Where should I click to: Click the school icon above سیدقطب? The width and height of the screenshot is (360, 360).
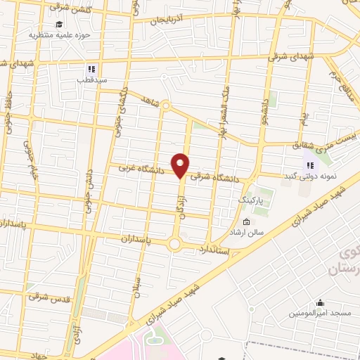(x=91, y=69)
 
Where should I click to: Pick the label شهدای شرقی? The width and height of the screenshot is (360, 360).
(x=286, y=56)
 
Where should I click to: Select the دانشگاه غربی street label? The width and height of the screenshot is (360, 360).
(x=141, y=169)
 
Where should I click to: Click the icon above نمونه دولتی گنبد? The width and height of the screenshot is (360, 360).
(x=310, y=166)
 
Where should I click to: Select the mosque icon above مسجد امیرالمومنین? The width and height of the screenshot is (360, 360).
(x=321, y=302)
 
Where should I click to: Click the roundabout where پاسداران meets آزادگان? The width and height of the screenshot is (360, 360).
(x=176, y=244)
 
